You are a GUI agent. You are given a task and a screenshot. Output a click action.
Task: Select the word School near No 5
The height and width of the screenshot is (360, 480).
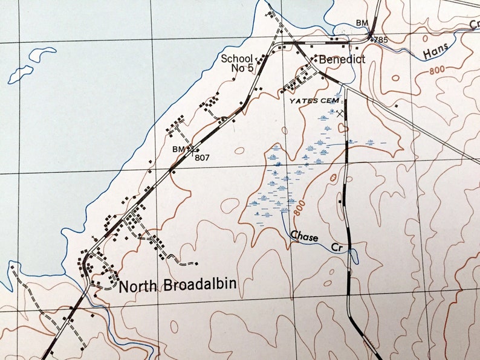(236, 59)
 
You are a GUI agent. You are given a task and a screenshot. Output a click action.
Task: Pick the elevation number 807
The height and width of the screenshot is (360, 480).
(201, 156)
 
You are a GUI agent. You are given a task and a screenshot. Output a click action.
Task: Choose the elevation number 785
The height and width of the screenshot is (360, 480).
(380, 40)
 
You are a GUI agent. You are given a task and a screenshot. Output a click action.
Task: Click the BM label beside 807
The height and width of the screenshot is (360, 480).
(178, 148)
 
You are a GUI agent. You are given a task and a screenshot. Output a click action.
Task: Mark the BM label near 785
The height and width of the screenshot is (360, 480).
(362, 24)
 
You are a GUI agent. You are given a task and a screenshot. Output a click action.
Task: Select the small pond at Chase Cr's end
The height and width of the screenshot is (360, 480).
(354, 257)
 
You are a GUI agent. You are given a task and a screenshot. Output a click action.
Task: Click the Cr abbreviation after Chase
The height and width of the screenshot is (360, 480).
(336, 247)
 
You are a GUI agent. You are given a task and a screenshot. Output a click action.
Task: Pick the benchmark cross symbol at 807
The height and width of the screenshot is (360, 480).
(190, 148)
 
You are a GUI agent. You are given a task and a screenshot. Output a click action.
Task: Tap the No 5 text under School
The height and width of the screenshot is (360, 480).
(242, 68)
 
